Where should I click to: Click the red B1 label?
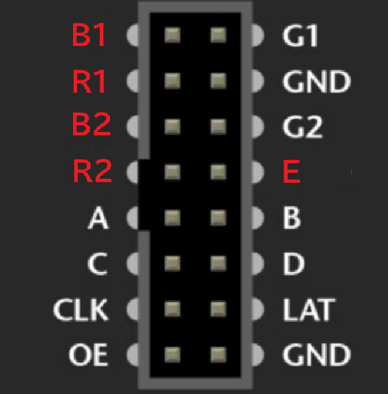coord(89,35)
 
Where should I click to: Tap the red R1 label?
coord(89,81)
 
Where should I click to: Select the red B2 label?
coord(91,124)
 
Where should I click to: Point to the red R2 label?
coord(92,171)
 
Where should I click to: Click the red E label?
coord(292,171)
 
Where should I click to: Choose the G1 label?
coord(300,36)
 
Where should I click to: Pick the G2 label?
coord(303,127)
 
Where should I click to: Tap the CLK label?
coord(81,309)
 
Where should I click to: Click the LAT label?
coord(309,309)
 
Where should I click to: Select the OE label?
coord(89,355)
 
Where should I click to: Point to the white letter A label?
coord(98,217)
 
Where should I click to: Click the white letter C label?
coord(98,263)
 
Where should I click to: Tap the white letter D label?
coord(294,263)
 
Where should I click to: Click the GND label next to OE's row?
coord(316,355)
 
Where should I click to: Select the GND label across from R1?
coord(316,81)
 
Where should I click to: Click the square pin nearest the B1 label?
coord(173,35)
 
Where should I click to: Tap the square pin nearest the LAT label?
coord(218,309)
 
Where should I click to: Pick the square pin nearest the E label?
coord(218,172)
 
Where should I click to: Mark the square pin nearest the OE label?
coord(173,355)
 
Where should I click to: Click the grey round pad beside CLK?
coord(133,309)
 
